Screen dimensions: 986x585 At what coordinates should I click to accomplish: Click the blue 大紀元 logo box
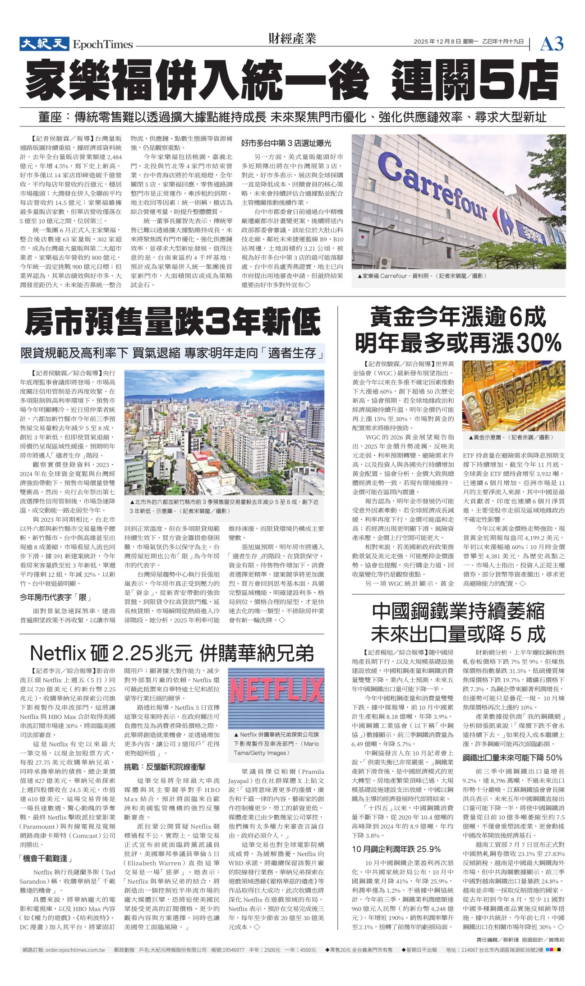tap(44, 44)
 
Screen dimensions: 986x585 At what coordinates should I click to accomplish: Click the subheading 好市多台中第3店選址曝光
tap(286, 143)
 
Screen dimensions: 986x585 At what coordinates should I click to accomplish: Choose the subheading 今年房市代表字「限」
tap(55, 597)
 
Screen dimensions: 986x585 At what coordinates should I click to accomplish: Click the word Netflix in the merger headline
tap(58, 653)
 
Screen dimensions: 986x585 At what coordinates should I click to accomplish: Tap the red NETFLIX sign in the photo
tap(276, 691)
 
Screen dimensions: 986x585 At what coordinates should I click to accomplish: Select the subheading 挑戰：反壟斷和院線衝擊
tap(165, 766)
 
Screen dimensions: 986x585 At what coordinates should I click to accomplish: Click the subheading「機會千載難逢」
tap(46, 858)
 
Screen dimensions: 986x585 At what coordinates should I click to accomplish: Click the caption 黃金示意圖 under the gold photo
tap(511, 437)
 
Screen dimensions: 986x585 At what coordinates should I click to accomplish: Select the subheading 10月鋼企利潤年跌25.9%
tap(396, 849)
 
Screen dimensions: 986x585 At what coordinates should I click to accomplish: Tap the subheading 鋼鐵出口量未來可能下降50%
tap(512, 757)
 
